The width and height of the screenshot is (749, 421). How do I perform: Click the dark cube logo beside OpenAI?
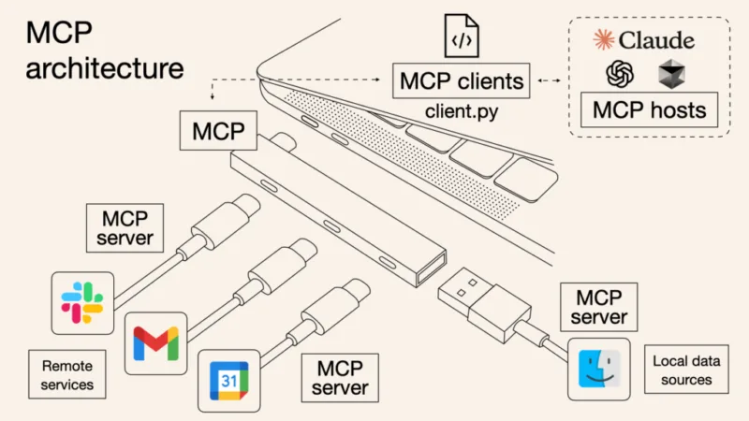point(671,73)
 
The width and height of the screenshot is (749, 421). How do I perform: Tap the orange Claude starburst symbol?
point(605,39)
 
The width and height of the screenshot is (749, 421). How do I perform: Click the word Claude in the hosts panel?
point(658,39)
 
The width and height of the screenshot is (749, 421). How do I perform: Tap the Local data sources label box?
point(683,370)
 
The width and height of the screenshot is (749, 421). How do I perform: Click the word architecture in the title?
point(104,68)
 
